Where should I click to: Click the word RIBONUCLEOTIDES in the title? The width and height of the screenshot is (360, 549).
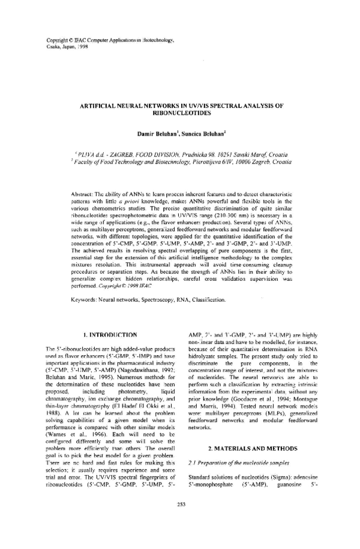179,112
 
